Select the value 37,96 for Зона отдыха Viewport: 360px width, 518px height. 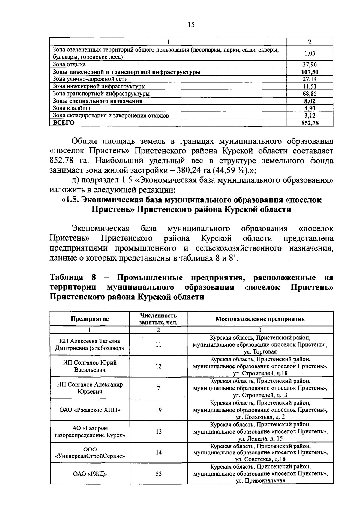tap(310, 65)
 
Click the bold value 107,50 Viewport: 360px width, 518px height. tap(310, 72)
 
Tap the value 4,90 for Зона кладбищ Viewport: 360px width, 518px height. tap(310, 108)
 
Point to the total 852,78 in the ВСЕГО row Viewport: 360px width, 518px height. tap(310, 123)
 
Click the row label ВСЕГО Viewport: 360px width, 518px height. tap(64, 123)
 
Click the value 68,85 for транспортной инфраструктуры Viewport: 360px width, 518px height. tap(310, 94)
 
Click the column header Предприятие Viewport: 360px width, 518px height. tap(90, 319)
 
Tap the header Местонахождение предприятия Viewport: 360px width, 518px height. tap(260, 319)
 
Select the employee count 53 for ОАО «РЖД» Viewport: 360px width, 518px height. tap(159, 474)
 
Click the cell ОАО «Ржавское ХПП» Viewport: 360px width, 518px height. tap(90, 410)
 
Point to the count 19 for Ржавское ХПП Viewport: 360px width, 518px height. tap(159, 410)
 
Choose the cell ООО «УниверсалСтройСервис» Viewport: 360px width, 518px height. tap(90, 453)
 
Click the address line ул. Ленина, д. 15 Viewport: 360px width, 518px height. tap(260, 439)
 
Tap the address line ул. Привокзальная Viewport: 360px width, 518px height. tap(260, 481)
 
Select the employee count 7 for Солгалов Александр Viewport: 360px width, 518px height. tap(159, 388)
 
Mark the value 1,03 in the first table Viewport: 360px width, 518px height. tap(310, 53)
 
